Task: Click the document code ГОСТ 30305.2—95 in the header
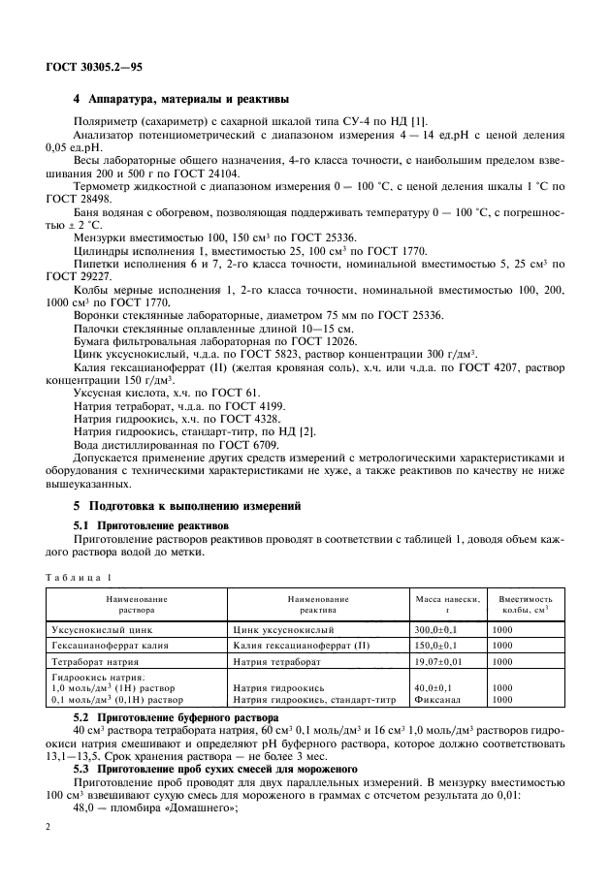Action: coord(95,69)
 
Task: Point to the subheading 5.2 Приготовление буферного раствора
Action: coord(176,717)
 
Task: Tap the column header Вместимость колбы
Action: coord(525,606)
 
